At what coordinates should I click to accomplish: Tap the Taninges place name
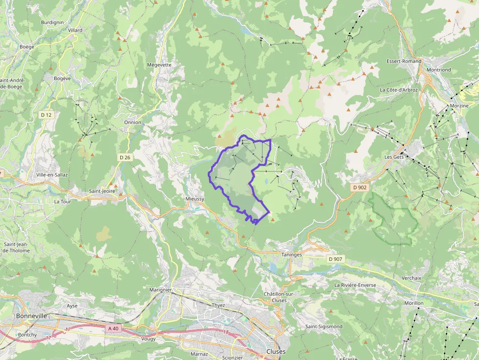(291, 254)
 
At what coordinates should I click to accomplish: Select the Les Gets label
(395, 157)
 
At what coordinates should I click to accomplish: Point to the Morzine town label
(458, 106)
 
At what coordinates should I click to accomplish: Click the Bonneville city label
(31, 316)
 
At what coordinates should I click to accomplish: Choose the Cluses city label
(276, 351)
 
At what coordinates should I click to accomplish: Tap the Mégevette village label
(159, 64)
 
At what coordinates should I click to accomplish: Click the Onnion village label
(132, 122)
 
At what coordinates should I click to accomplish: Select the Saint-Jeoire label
(102, 191)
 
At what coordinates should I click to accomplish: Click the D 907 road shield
(336, 258)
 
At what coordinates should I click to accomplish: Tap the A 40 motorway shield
(112, 329)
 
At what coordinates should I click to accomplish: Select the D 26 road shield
(125, 157)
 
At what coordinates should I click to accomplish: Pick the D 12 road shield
(46, 115)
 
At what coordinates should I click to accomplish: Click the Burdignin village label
(52, 22)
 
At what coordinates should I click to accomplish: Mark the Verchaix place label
(411, 277)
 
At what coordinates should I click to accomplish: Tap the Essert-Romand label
(404, 62)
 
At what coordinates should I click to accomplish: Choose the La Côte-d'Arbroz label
(398, 90)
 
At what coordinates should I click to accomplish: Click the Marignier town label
(160, 290)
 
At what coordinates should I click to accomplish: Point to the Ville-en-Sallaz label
(52, 174)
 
